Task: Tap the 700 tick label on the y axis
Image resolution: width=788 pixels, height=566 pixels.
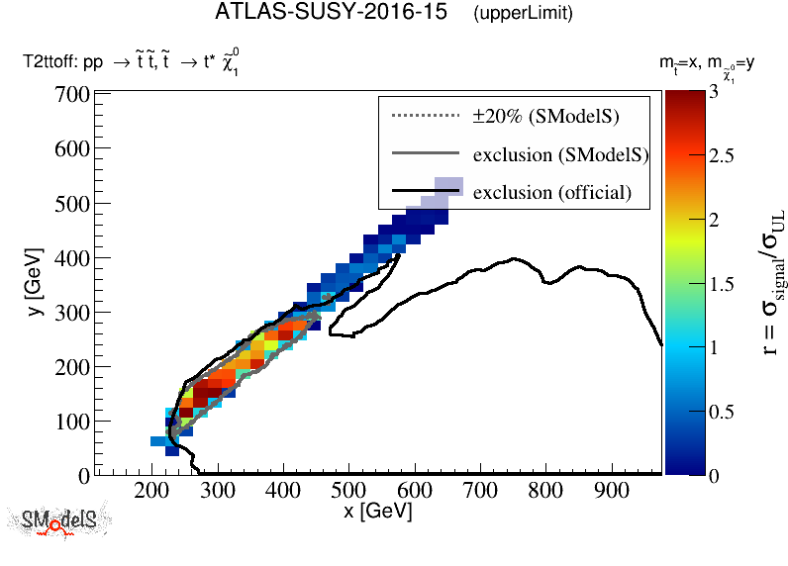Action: point(72,96)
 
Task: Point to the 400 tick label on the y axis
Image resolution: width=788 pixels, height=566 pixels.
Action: point(72,258)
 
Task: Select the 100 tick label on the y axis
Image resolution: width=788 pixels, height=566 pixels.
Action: point(72,422)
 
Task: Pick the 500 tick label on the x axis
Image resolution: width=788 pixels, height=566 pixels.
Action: point(349,492)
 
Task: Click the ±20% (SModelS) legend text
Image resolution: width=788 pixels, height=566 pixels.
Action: point(545,116)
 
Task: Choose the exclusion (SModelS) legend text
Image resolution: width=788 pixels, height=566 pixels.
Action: point(560,154)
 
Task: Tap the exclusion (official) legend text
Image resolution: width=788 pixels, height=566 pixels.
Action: point(551,192)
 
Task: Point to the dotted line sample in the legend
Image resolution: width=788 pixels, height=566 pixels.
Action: point(427,116)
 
